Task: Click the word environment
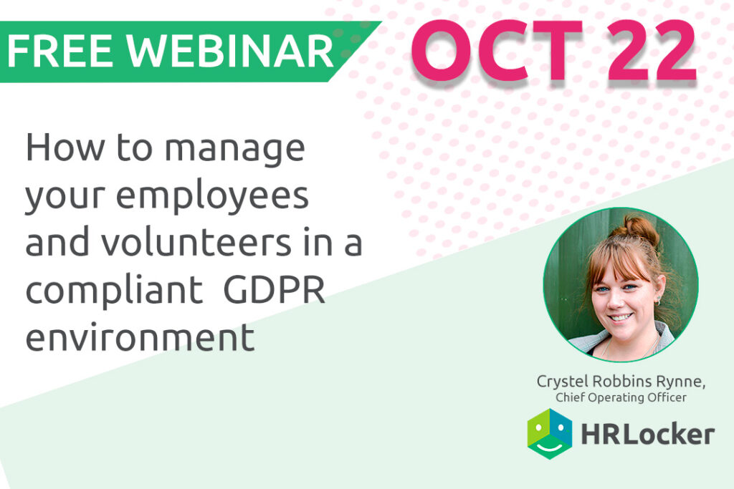pyautogui.click(x=140, y=336)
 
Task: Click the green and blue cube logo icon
pyautogui.click(x=550, y=434)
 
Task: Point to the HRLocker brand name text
pyautogui.click(x=648, y=434)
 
